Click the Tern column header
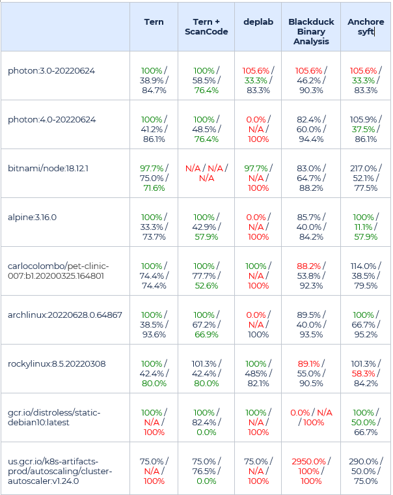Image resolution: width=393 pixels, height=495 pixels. pos(154,22)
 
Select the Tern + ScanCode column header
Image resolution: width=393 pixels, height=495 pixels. pos(206,27)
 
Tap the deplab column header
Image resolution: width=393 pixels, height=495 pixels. pos(258,22)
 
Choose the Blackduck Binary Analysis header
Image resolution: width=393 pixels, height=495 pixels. pos(311,31)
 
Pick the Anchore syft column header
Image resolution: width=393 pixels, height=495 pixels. pos(366,27)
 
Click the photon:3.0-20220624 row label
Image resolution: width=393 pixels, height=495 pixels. pos(51,70)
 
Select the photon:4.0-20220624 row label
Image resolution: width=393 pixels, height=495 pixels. pos(51,120)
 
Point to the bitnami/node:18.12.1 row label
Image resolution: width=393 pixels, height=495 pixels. pos(48,169)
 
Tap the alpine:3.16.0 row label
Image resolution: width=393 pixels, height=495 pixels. pos(32,217)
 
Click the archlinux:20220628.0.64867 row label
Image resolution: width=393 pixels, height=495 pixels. pos(64,315)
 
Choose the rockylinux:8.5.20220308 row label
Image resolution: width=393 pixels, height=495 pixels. pos(57,363)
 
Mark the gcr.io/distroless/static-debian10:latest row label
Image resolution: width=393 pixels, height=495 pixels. pos(55,417)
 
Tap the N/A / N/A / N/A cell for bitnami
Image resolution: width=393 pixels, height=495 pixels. pos(206,173)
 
